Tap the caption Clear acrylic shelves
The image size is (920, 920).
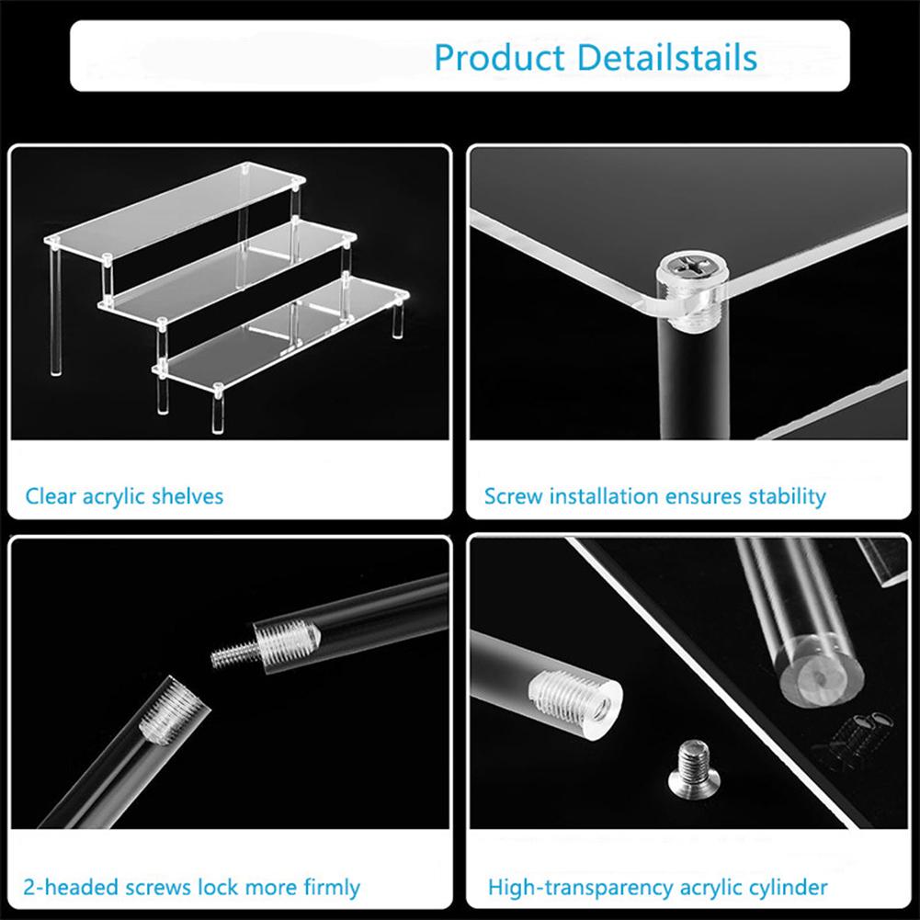124,497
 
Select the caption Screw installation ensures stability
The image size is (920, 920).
655,497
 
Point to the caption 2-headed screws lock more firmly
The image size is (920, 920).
192,888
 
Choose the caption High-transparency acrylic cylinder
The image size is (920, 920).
658,888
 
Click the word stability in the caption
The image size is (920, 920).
787,497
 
